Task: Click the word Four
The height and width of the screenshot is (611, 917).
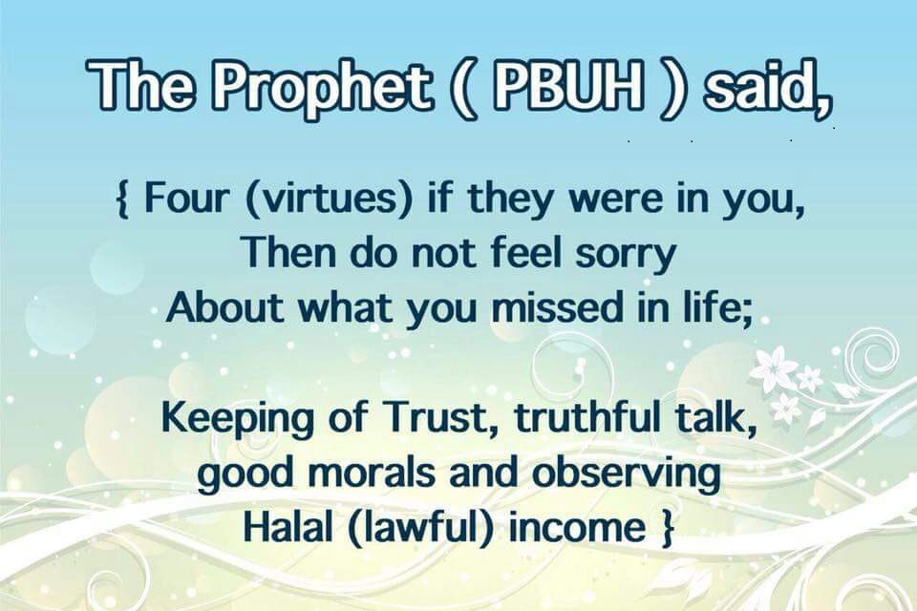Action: (x=184, y=199)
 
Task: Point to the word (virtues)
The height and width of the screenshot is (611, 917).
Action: (x=330, y=200)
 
